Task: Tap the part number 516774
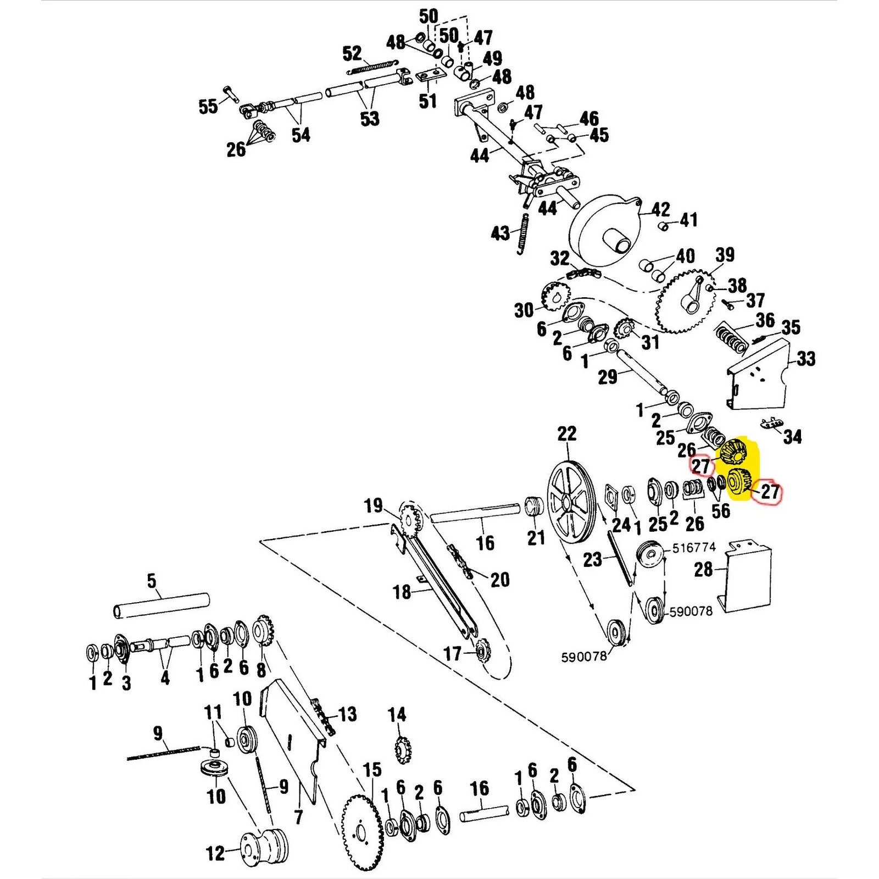(694, 547)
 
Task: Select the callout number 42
(660, 209)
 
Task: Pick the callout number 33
(806, 359)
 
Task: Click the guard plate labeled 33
(758, 379)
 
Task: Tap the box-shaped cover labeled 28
(747, 577)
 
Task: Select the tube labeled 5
(161, 605)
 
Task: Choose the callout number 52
(352, 54)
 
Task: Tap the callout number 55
(208, 106)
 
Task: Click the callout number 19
(373, 505)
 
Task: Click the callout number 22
(567, 433)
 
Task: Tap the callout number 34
(792, 437)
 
